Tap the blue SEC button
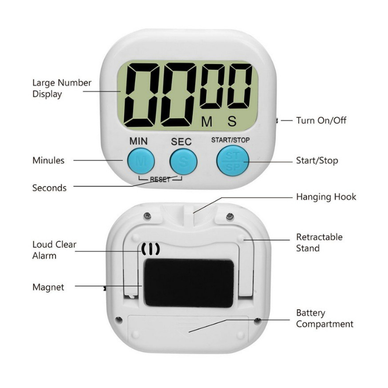click(x=183, y=160)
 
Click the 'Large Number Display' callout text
click(x=62, y=89)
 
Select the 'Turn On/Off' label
click(x=321, y=120)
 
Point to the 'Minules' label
click(x=48, y=160)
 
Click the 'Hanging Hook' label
click(x=326, y=197)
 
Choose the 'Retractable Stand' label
click(x=319, y=242)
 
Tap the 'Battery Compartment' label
click(x=324, y=318)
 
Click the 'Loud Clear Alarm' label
click(x=54, y=250)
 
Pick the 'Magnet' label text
click(x=48, y=287)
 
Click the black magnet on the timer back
click(x=188, y=283)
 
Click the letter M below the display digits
click(x=206, y=121)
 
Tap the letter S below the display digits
click(x=232, y=121)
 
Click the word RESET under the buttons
click(x=160, y=179)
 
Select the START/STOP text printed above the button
click(x=231, y=140)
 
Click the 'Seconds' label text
click(x=49, y=188)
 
